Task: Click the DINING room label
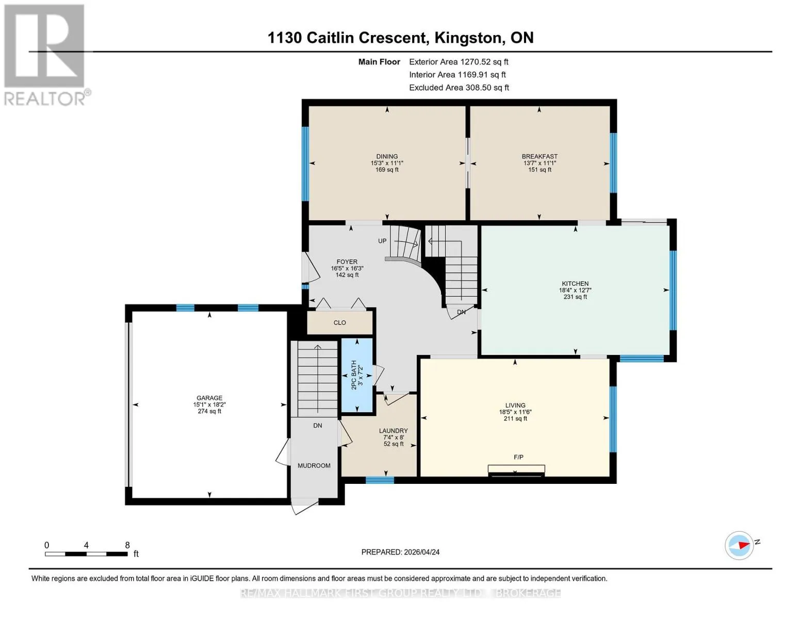(387, 156)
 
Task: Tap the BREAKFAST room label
(540, 156)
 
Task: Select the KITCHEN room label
(575, 284)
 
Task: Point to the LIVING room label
(515, 405)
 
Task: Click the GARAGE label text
(209, 398)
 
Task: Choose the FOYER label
(347, 262)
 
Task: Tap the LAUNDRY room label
(394, 431)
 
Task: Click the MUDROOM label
(314, 466)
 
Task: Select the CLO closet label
(339, 322)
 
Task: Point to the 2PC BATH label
(354, 375)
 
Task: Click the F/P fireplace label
(518, 457)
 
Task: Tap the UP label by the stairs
(382, 241)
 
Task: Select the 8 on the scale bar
(127, 545)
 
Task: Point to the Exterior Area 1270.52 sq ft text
(459, 62)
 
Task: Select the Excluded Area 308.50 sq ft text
(459, 88)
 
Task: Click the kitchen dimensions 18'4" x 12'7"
(575, 290)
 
